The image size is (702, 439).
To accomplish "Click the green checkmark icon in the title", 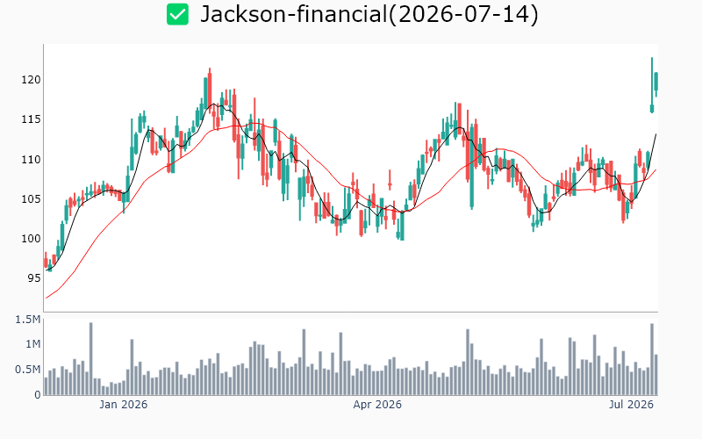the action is coord(178,14).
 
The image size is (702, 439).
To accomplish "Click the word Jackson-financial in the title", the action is coord(293,14).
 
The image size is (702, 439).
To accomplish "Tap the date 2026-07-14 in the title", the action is coord(463,14).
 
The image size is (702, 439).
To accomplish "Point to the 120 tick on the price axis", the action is coord(31,80).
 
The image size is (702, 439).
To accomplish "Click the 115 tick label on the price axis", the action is coord(31,119).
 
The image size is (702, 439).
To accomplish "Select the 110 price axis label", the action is coord(31,159).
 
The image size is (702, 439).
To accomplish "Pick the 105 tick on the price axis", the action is coord(31,199).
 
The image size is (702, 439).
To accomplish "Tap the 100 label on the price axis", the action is coord(31,238).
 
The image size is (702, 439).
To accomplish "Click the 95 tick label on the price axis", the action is coord(34,278).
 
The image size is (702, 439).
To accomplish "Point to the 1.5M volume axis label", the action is coord(28,320).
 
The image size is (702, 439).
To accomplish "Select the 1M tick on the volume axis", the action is coord(32,344).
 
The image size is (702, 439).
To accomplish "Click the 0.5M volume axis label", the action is coord(28,370).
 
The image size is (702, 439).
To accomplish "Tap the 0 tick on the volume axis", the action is coord(38,394).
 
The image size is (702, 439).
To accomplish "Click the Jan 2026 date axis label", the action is coord(123,405).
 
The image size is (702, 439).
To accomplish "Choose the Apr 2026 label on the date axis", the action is coord(377,405).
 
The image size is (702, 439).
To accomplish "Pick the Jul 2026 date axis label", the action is coord(631,405).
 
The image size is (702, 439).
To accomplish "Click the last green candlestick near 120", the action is coord(655,82).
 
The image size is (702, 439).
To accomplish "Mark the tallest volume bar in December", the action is coord(91,358).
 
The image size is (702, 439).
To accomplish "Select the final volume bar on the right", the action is coord(655,375).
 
